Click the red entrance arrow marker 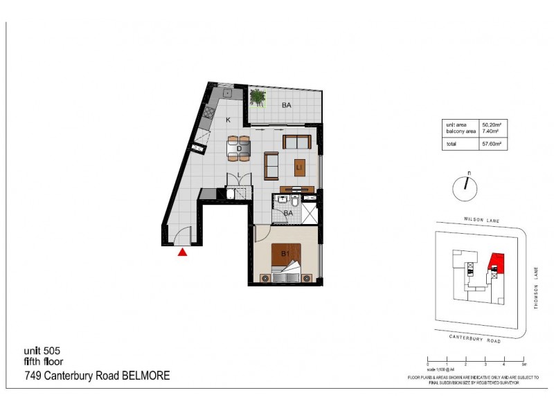pyautogui.click(x=182, y=253)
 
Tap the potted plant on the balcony pyautogui.click(x=258, y=98)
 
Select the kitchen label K pyautogui.click(x=228, y=119)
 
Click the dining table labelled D pyautogui.click(x=239, y=147)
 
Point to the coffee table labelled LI pyautogui.click(x=298, y=167)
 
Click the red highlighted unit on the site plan pyautogui.click(x=496, y=261)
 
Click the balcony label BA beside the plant pyautogui.click(x=285, y=106)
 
